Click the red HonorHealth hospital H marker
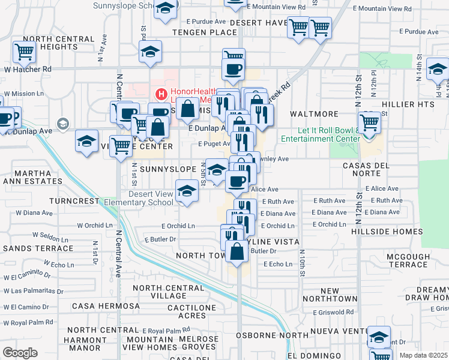coord(161,94)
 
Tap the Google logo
coord(20,353)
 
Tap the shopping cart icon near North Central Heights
coord(24,52)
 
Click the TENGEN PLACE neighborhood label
coord(204,32)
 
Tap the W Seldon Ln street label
coord(49,235)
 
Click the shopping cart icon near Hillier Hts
coord(370,122)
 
